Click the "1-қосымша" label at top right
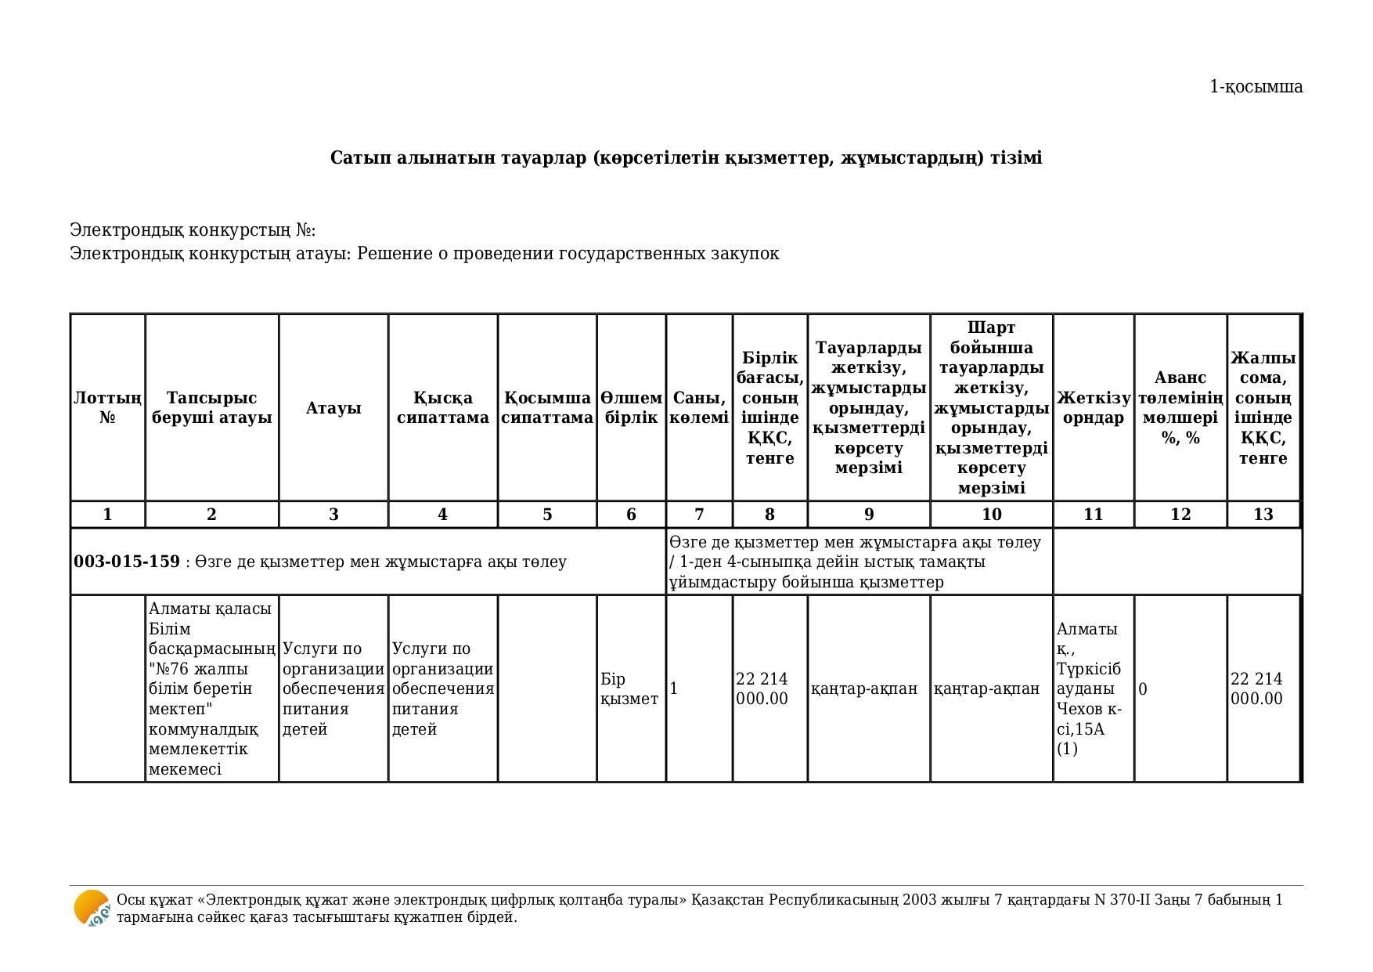[x=1256, y=87]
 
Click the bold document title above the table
[x=686, y=158]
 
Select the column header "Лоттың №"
[x=107, y=408]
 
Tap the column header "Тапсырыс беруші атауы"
[x=211, y=408]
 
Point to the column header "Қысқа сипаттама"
[x=442, y=408]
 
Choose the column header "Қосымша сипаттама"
[x=546, y=408]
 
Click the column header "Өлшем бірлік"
[x=631, y=408]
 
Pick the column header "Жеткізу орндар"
[x=1093, y=408]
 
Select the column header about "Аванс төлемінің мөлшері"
[x=1180, y=408]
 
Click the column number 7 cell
[x=699, y=515]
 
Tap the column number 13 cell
[x=1263, y=515]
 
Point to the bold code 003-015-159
[x=127, y=562]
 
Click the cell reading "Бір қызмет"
[x=629, y=689]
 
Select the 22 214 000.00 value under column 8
[x=762, y=689]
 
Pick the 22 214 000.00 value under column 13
[x=1256, y=689]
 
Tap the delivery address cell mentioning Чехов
[x=1089, y=689]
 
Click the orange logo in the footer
[x=92, y=909]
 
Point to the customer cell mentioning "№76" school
[x=211, y=689]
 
